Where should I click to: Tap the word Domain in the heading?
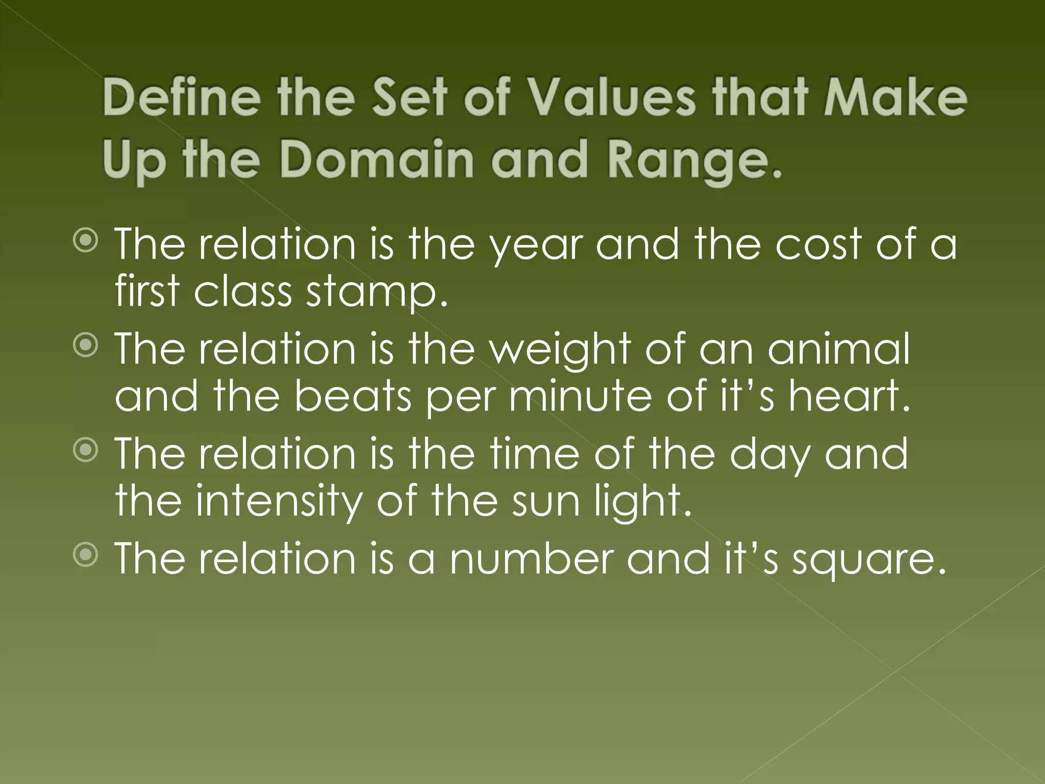[377, 159]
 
